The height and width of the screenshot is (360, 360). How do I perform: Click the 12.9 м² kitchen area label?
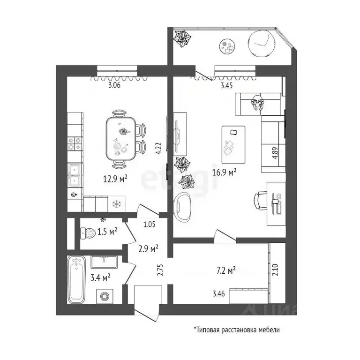tap(115, 179)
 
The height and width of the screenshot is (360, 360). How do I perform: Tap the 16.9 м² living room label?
tap(225, 172)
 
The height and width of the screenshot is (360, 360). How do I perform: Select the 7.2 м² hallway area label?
tap(226, 270)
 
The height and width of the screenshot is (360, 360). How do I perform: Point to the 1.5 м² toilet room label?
tap(107, 232)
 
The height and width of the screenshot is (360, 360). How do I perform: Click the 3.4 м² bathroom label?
tap(101, 277)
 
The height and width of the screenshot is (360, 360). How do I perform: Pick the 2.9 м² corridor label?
tap(148, 248)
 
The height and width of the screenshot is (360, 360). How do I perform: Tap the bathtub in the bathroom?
tap(76, 280)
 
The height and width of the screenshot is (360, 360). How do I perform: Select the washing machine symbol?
tap(105, 296)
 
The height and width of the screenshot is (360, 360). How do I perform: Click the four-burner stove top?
tap(75, 143)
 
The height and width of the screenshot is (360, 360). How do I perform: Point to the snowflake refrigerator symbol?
tap(117, 203)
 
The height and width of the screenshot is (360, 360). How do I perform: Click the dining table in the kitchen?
tap(121, 139)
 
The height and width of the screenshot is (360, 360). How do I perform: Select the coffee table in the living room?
tap(233, 145)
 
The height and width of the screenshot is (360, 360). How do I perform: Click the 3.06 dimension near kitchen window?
tap(114, 85)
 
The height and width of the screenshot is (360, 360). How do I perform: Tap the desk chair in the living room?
tap(261, 201)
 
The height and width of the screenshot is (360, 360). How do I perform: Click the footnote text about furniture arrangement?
tap(237, 330)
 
